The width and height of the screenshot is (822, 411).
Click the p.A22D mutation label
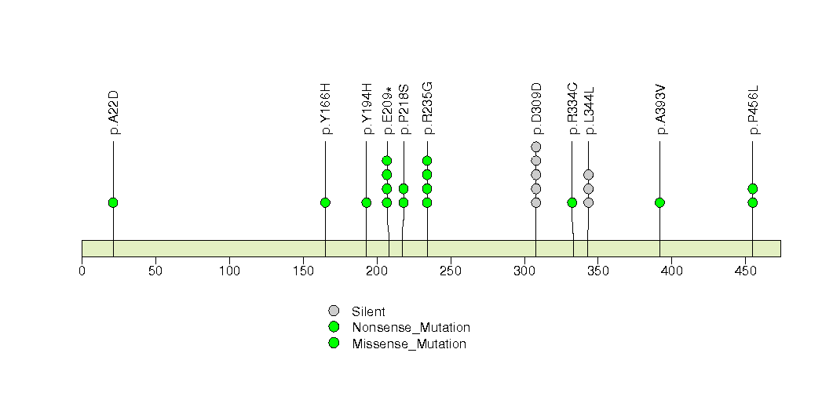[114, 113]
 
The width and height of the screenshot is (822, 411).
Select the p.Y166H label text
[326, 109]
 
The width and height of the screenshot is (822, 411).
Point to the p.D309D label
[536, 109]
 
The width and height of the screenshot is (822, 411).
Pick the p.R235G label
[427, 109]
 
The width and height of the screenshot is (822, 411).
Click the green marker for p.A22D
[113, 202]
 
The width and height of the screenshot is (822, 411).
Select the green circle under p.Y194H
[367, 202]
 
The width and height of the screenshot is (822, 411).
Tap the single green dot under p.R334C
[572, 202]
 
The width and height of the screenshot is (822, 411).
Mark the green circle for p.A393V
[659, 202]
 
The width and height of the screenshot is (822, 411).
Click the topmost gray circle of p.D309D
[535, 147]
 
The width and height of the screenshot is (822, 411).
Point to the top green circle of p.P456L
[752, 188]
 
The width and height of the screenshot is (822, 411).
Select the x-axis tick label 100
[229, 271]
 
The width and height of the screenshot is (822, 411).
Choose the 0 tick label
[82, 271]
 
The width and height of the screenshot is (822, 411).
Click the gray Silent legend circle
[334, 311]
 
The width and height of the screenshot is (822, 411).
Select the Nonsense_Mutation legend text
[411, 328]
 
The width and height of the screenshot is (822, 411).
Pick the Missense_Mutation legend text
[409, 344]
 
